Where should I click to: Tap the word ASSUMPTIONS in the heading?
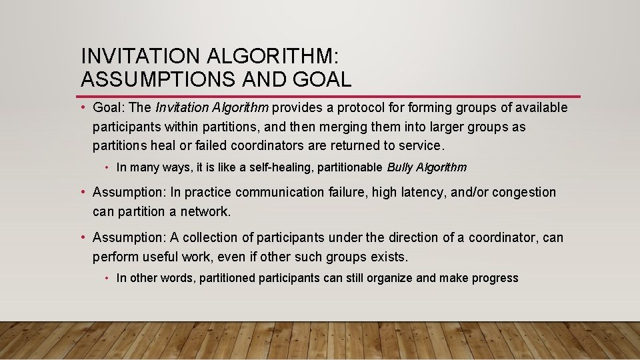pos(157,79)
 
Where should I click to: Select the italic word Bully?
pos(400,167)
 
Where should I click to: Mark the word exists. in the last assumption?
pos(389,257)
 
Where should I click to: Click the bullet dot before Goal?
pos(83,108)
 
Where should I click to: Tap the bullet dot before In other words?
pos(107,278)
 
